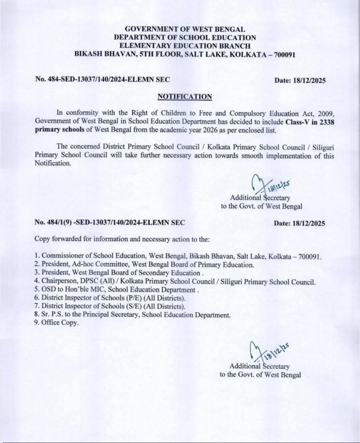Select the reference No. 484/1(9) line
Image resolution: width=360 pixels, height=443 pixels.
tap(110, 223)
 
